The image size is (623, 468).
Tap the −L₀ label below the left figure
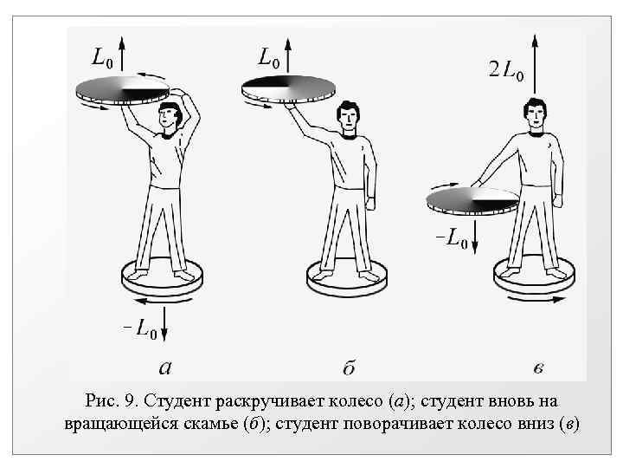pos(138,328)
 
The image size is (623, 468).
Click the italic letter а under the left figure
pos(164,367)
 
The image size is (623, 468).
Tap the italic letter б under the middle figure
pos(348,367)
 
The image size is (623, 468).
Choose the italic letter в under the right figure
pos(538,367)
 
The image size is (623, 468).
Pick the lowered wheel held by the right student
pos(472,200)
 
